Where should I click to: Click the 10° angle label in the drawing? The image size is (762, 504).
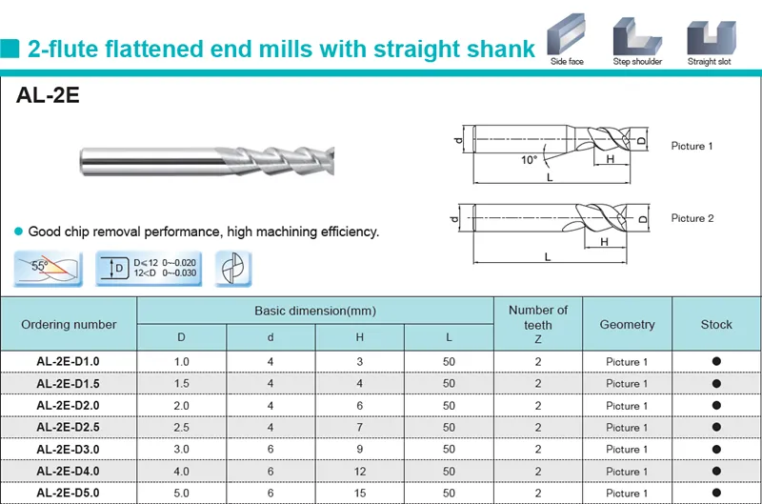click(529, 159)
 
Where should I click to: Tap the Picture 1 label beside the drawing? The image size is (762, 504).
click(692, 146)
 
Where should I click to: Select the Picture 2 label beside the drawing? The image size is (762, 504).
click(692, 218)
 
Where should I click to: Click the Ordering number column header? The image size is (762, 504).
click(69, 324)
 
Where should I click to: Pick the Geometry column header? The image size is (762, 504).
click(627, 324)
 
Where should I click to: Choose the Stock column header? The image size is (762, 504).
click(716, 324)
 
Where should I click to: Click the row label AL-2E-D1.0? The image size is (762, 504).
click(68, 361)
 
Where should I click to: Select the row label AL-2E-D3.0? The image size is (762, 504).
click(68, 449)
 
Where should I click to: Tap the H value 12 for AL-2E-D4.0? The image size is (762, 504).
click(360, 471)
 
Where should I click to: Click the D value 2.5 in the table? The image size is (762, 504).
click(182, 427)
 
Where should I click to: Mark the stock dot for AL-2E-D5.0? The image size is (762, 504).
click(716, 493)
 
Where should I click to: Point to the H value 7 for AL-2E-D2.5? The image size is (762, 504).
click(360, 427)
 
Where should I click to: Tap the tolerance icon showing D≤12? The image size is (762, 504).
click(149, 268)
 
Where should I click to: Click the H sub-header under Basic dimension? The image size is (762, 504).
click(360, 336)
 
